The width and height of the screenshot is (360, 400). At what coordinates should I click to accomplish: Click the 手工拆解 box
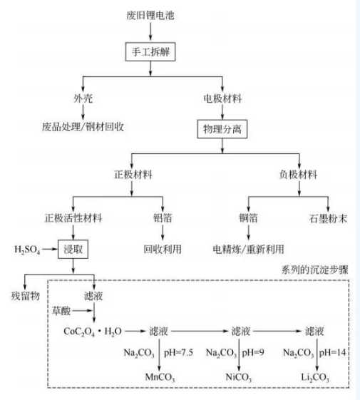[150, 52]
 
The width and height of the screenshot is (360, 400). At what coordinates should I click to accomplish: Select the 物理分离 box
[222, 129]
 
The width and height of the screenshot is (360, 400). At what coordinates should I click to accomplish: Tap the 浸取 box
[73, 250]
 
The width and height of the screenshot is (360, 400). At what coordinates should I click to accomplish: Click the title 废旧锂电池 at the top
[150, 15]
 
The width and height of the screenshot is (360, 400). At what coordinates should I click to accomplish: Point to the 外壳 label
[83, 98]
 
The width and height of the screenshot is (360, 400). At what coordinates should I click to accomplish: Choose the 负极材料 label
[298, 175]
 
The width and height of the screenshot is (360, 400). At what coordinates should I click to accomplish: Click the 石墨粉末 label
[328, 219]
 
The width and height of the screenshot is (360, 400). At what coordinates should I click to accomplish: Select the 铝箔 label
[163, 218]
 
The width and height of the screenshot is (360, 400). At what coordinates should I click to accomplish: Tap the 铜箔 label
[248, 218]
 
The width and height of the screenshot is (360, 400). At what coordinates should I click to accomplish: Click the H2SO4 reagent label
[27, 250]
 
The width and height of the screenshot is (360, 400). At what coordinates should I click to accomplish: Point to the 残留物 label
[25, 296]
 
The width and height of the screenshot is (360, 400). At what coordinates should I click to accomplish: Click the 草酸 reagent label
[61, 311]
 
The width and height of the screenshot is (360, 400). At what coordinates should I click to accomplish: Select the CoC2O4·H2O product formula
[93, 332]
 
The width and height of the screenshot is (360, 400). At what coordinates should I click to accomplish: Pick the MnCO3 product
[160, 377]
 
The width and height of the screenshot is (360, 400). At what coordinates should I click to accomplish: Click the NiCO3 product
[239, 377]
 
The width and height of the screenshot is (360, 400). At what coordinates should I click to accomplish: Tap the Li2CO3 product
[315, 377]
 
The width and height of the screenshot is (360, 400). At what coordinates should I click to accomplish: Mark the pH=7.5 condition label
[178, 352]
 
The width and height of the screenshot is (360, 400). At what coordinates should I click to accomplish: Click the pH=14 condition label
[333, 352]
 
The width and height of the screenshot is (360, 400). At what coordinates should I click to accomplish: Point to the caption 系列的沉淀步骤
[315, 270]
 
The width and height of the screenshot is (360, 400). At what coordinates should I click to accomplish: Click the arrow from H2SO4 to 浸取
[50, 249]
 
